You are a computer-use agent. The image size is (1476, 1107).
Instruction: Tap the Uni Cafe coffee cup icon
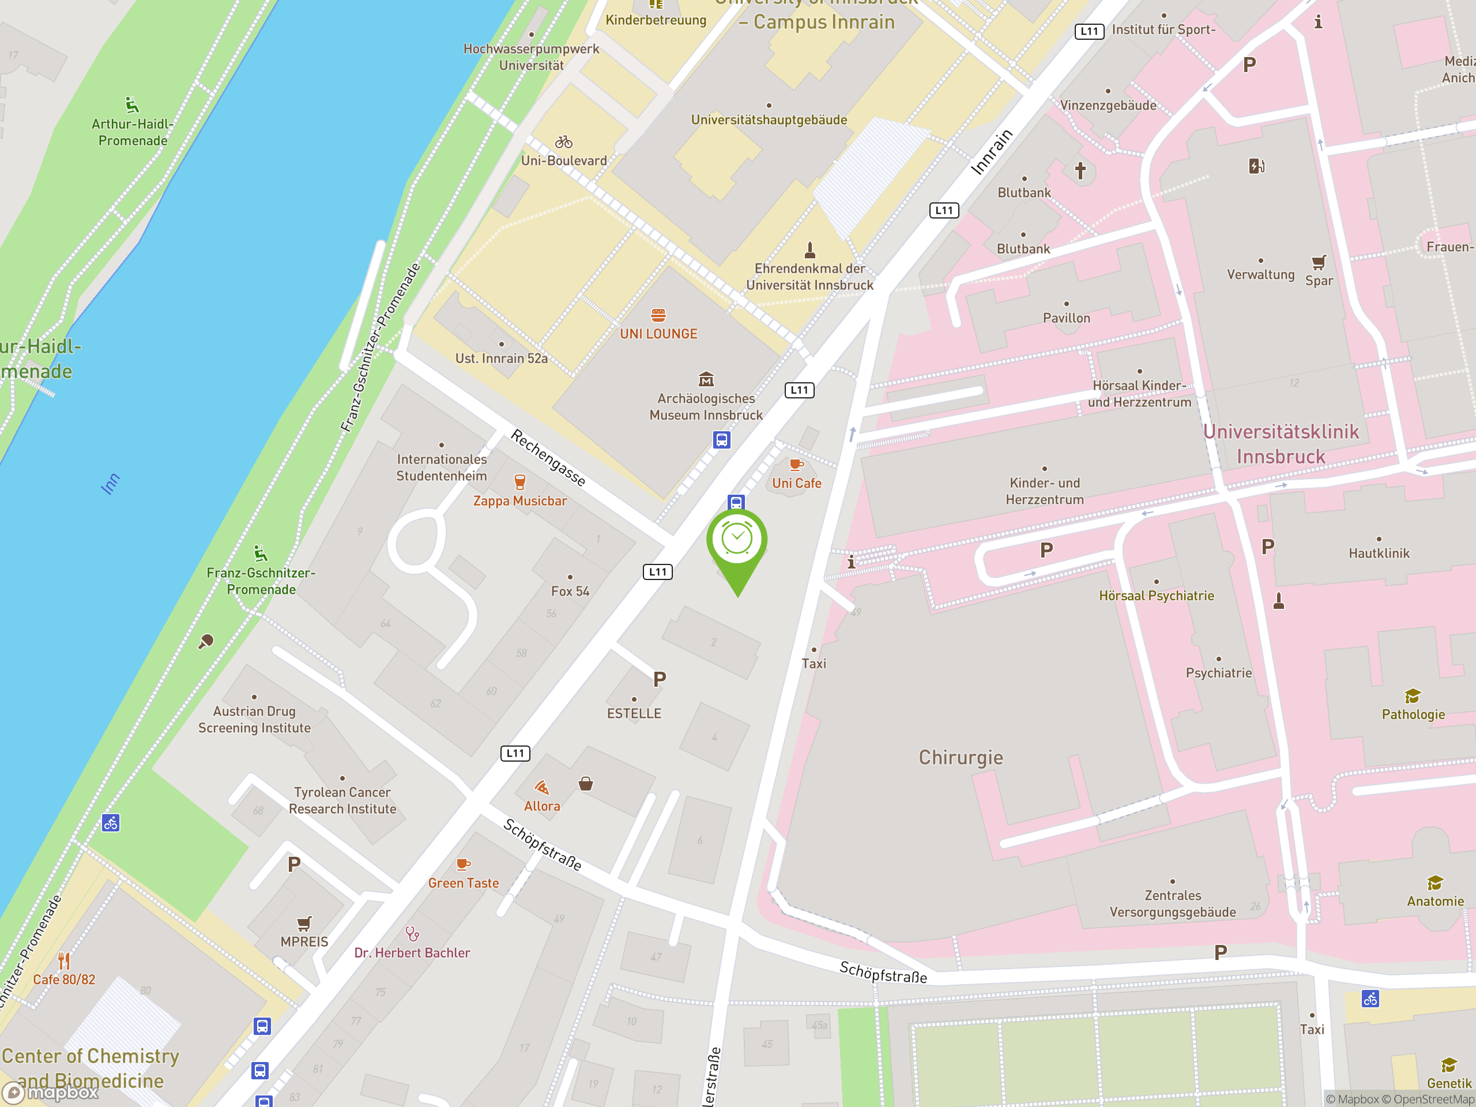tap(796, 464)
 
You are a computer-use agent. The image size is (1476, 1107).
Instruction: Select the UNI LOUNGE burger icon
tap(658, 315)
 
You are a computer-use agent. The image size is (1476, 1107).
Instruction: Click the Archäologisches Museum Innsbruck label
tap(706, 406)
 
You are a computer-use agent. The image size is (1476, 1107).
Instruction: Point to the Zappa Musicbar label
tap(520, 501)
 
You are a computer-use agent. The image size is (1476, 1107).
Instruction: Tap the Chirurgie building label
tap(960, 758)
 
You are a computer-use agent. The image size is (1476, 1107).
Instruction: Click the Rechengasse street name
tap(548, 458)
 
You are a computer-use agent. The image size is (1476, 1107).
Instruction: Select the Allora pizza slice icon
tap(542, 788)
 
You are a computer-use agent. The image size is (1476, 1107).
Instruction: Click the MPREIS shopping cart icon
tap(304, 924)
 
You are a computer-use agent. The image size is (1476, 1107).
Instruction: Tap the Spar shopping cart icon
tap(1319, 262)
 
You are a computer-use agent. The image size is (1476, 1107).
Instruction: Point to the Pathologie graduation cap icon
tap(1413, 696)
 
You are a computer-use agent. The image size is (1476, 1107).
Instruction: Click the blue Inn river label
tap(111, 484)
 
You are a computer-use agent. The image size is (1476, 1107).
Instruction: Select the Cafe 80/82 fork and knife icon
tap(64, 961)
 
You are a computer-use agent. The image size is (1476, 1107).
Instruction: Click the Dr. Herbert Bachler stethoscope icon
tap(412, 933)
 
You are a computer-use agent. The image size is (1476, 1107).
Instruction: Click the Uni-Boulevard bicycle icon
tap(564, 142)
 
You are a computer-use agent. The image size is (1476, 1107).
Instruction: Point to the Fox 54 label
tap(570, 591)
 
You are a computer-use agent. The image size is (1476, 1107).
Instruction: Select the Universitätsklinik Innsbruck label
tap(1281, 444)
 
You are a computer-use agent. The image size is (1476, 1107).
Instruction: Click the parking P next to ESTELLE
tap(659, 679)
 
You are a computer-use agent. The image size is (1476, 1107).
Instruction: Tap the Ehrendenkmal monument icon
tap(809, 250)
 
